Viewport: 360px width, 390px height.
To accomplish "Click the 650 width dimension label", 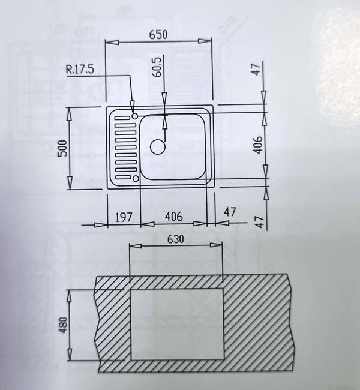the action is pyautogui.click(x=158, y=35).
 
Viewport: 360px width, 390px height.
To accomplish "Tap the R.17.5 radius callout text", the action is pyautogui.click(x=80, y=70).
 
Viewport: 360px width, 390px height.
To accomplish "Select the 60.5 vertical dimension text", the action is pyautogui.click(x=157, y=67).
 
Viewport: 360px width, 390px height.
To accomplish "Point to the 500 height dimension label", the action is pyautogui.click(x=62, y=148).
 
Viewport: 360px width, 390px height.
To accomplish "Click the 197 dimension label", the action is pyautogui.click(x=124, y=217).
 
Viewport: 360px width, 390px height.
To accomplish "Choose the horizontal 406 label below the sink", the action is pyautogui.click(x=173, y=217).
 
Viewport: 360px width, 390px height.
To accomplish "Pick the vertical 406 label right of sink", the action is pyautogui.click(x=257, y=145).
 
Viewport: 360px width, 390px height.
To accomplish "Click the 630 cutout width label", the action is pyautogui.click(x=176, y=239).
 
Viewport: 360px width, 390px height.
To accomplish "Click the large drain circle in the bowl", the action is pyautogui.click(x=158, y=147).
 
